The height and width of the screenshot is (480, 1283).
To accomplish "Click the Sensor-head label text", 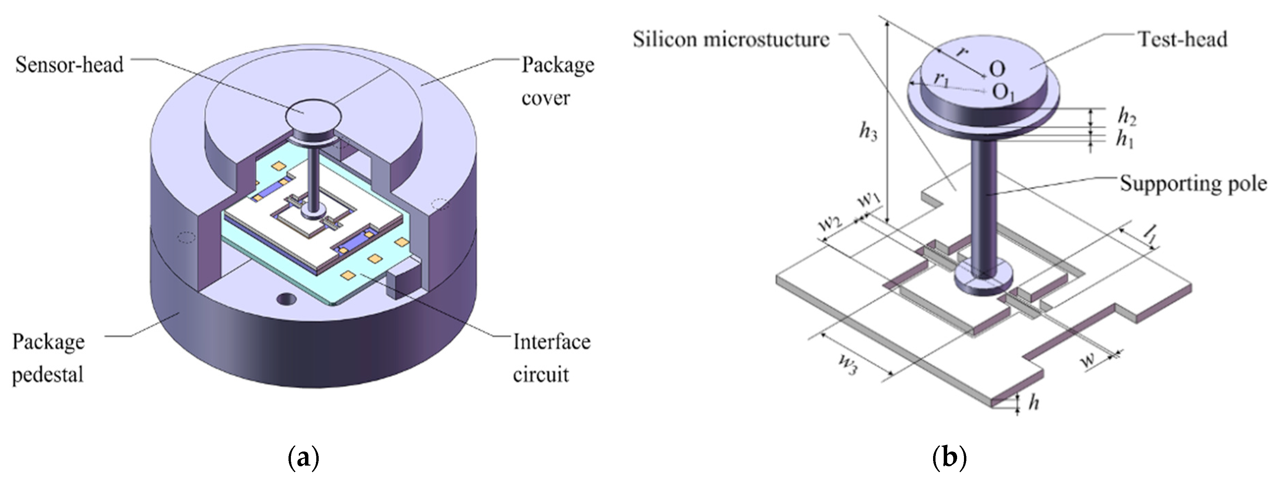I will coord(69,65).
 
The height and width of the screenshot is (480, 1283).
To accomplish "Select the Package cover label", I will coord(557,81).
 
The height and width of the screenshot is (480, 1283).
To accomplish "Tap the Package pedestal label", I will coord(48,358).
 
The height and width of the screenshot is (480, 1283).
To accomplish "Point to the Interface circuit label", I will coord(551,358).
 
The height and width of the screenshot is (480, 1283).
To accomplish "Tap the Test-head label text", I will coord(1183,39).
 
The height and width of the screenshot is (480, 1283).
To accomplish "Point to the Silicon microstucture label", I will coord(731,39).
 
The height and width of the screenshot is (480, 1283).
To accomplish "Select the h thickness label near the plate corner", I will coord(1034,402).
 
